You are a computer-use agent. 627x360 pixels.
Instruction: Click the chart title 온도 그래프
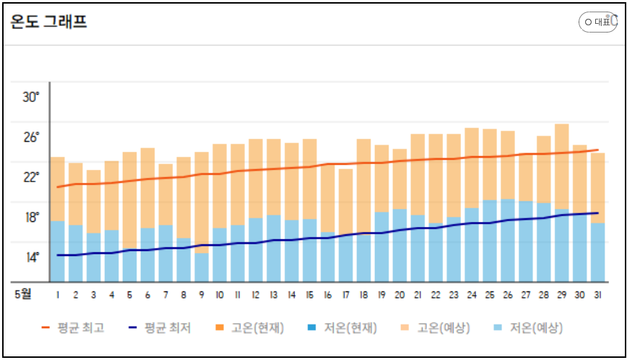[x=49, y=22]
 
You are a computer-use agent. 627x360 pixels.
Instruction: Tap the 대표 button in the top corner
[x=598, y=22]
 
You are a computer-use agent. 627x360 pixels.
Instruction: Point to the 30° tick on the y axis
[x=30, y=97]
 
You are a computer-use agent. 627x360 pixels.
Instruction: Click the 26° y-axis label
[x=30, y=137]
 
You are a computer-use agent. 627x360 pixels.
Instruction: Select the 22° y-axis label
[x=30, y=177]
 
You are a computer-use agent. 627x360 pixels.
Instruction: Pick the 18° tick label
[x=30, y=218]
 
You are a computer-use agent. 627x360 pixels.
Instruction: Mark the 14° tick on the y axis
[x=30, y=257]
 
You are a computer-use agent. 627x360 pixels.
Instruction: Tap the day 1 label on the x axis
[x=58, y=295]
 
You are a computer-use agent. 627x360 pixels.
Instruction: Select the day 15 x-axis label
[x=310, y=295]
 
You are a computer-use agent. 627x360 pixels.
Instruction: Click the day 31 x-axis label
[x=598, y=295]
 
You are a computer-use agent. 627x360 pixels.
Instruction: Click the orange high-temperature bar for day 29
[x=562, y=166]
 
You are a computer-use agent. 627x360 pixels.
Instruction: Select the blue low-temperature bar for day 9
[x=202, y=267]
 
